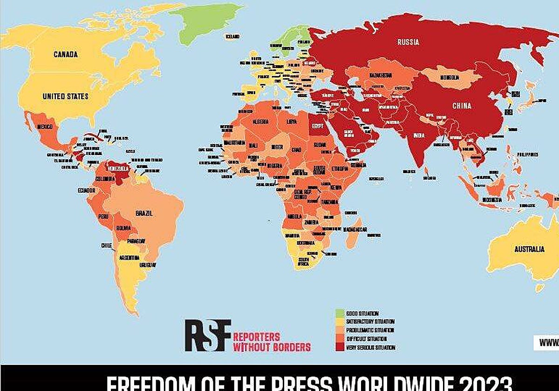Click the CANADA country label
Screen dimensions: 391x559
click(65, 54)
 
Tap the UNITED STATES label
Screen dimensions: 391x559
click(65, 96)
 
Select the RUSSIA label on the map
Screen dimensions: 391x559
click(408, 42)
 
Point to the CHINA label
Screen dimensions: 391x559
click(462, 106)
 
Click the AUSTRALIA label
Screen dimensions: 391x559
click(529, 249)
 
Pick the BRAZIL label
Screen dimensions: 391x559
click(144, 213)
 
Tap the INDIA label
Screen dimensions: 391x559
click(418, 136)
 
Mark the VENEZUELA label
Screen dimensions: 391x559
click(118, 168)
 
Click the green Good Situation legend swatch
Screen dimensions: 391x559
click(340, 314)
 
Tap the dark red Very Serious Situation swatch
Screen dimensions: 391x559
click(340, 347)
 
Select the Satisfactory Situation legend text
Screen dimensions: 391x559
click(370, 322)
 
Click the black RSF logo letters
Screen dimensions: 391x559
click(207, 335)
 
